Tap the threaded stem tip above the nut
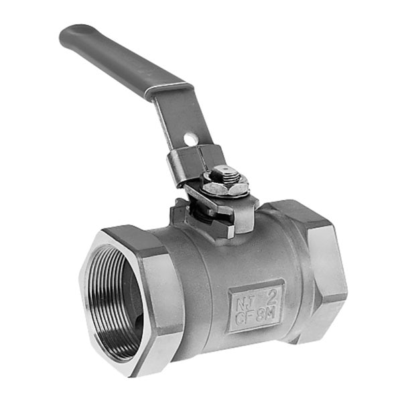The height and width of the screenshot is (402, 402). (x=227, y=172)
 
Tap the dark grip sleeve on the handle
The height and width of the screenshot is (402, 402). (x=114, y=60)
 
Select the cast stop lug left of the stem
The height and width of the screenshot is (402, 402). (x=181, y=211)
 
